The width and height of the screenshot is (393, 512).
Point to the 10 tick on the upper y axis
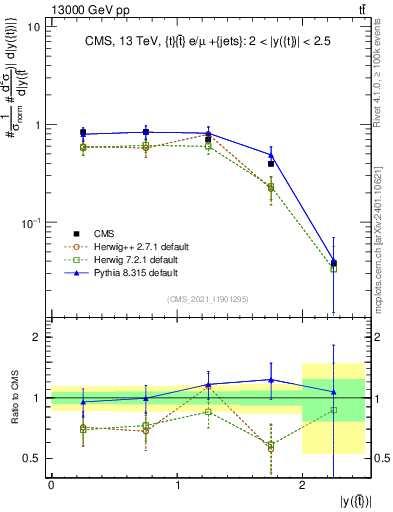(x=33, y=27)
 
